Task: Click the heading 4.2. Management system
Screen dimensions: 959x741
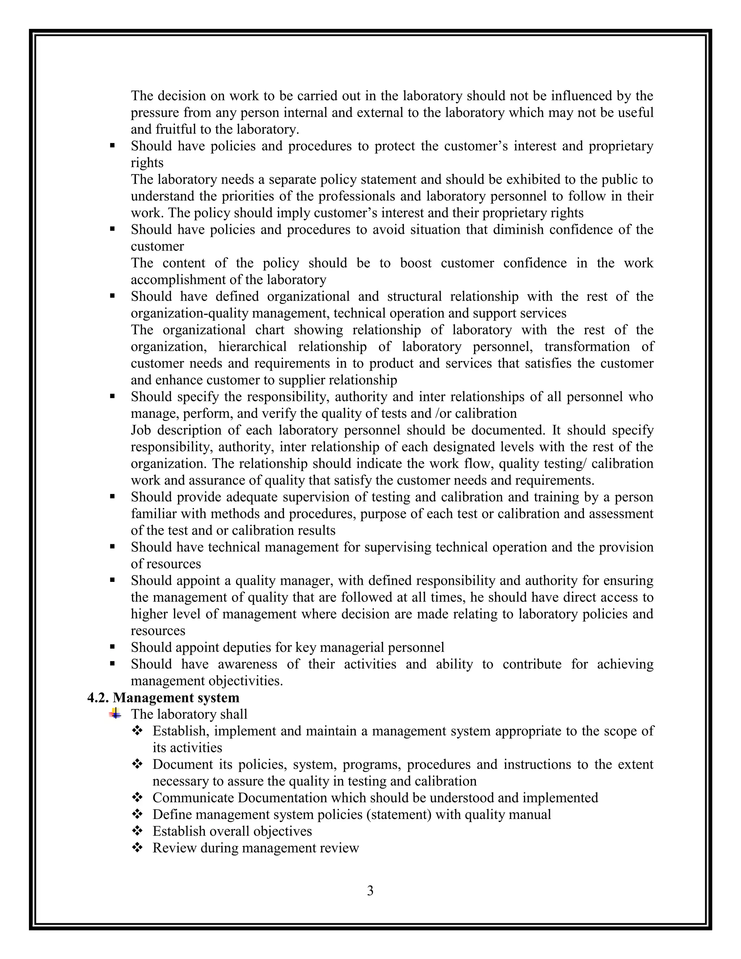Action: tap(163, 698)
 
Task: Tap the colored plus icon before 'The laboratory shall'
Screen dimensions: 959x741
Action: tap(115, 714)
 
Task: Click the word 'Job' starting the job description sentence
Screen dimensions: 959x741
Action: tap(140, 430)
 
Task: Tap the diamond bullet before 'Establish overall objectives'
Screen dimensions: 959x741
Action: tap(137, 831)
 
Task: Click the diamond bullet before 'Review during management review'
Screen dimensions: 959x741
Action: tap(137, 848)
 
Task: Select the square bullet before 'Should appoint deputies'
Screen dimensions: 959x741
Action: tap(113, 647)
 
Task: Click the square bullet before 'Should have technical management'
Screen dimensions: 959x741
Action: tap(113, 547)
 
